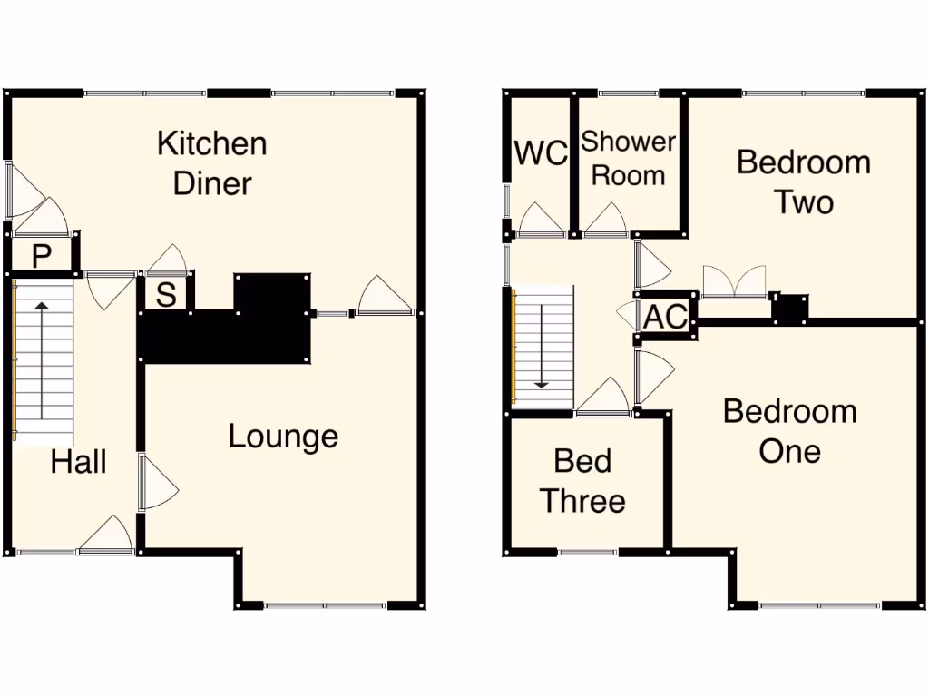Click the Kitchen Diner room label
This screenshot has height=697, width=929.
coord(212,163)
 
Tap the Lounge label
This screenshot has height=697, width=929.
coord(283,437)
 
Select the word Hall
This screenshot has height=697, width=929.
coord(78,462)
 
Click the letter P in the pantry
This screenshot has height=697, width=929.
coord(41,256)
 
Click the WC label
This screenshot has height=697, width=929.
coord(541,153)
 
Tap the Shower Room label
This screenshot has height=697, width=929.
coord(629,158)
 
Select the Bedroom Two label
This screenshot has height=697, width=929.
coord(803,182)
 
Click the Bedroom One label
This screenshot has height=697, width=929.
coord(789,431)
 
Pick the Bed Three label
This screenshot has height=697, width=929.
coord(582,481)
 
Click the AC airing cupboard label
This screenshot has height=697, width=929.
coord(665,318)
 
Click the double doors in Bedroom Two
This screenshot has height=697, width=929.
coord(734,281)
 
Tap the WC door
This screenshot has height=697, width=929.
coord(543,221)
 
